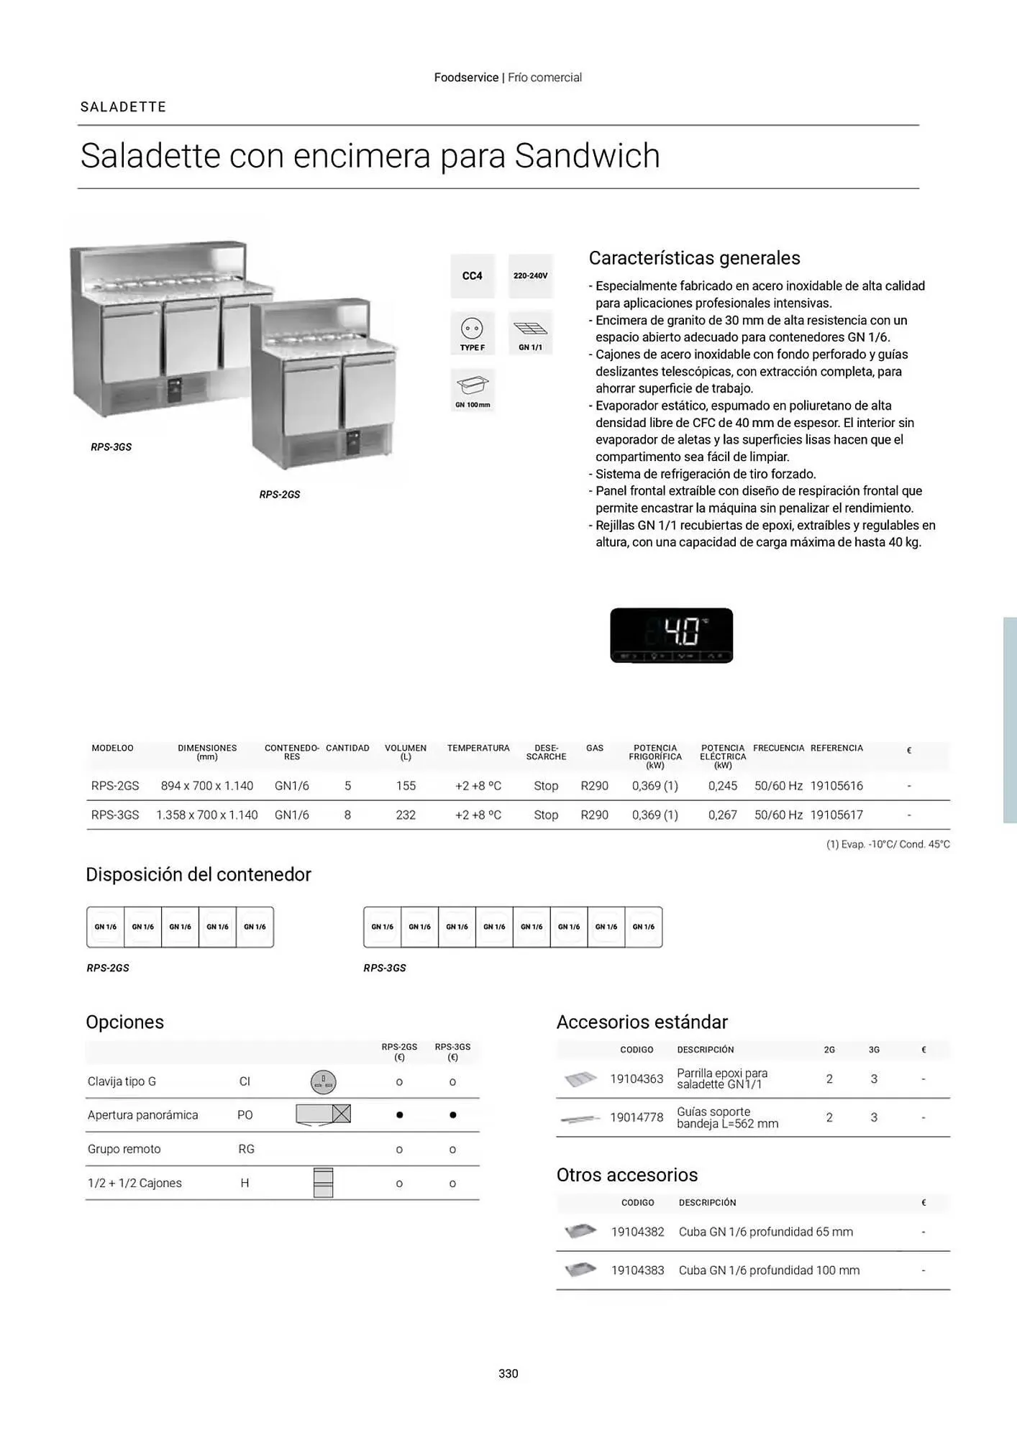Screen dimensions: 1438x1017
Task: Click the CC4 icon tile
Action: [x=473, y=276]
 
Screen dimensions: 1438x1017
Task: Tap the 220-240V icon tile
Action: [x=530, y=276]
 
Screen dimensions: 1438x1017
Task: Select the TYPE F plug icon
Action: [x=473, y=333]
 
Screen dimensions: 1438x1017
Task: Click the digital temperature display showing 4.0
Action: [x=671, y=635]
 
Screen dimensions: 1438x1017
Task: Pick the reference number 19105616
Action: [x=836, y=786]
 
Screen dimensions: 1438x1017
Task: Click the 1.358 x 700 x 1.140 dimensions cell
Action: [x=207, y=815]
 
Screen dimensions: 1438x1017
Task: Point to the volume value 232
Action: [x=406, y=815]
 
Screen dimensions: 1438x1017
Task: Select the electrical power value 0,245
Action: [x=723, y=786]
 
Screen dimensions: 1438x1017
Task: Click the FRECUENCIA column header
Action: [x=778, y=748]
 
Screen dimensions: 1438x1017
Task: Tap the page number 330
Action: [x=508, y=1373]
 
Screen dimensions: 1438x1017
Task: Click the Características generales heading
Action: [x=694, y=257]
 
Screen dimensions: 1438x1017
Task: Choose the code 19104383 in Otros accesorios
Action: [x=637, y=1270]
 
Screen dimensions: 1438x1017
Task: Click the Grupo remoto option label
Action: [x=124, y=1149]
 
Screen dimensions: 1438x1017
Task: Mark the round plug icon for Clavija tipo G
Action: [x=323, y=1081]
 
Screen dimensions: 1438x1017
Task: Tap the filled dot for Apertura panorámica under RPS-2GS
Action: [x=399, y=1115]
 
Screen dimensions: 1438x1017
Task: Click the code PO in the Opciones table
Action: [x=245, y=1115]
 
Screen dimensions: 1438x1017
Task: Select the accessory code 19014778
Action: [x=637, y=1117]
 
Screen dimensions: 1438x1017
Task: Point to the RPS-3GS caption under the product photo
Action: [x=111, y=447]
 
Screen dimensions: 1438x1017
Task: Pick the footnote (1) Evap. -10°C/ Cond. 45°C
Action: [x=888, y=844]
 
